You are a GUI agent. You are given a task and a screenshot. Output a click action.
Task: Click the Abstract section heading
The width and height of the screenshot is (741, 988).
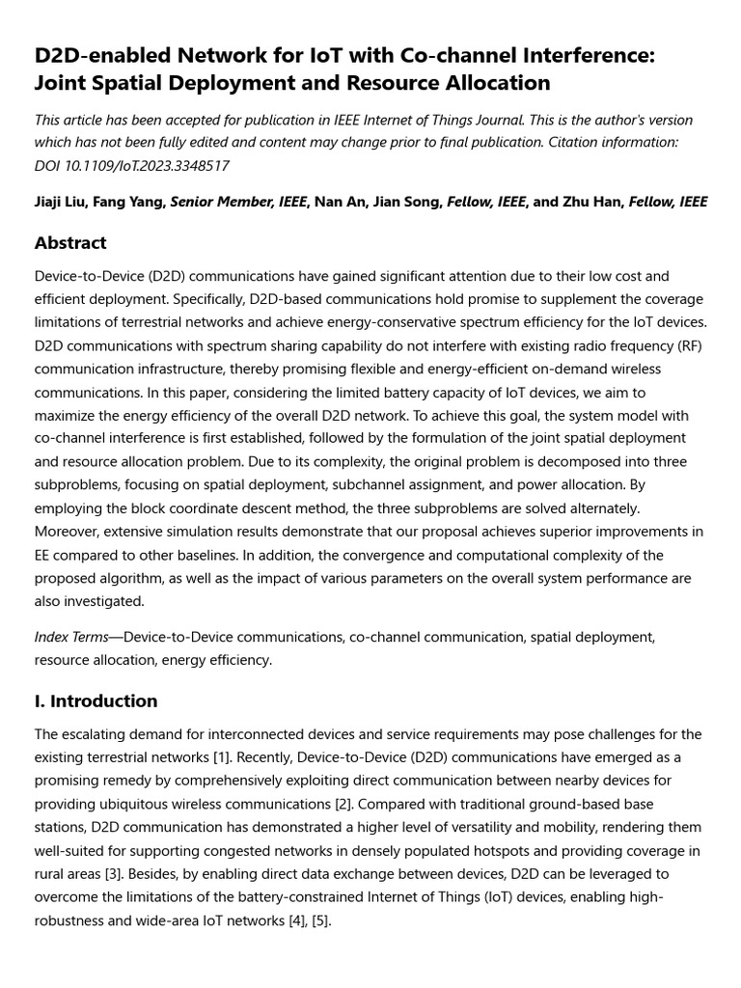tap(70, 243)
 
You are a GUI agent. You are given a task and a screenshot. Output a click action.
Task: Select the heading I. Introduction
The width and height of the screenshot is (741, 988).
tap(96, 701)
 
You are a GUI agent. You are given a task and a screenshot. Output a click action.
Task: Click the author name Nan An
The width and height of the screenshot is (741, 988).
tap(342, 202)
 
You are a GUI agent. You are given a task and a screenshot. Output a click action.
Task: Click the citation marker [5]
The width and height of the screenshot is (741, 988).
tap(321, 920)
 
